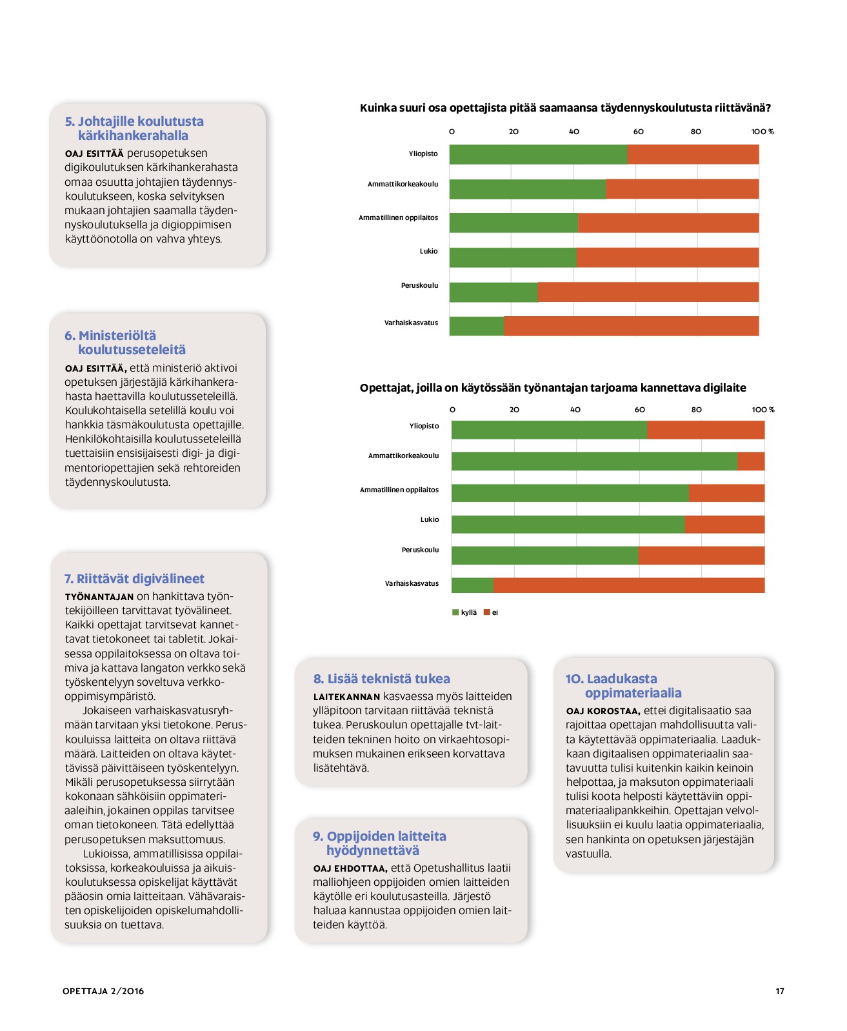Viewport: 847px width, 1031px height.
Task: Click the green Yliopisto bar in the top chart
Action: (538, 154)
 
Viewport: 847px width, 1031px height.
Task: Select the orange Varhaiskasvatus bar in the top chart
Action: (631, 326)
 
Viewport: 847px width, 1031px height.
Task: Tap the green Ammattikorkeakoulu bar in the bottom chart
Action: (593, 461)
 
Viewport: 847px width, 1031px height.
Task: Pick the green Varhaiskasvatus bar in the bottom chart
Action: (472, 585)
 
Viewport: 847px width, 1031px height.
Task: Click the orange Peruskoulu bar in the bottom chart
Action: (701, 555)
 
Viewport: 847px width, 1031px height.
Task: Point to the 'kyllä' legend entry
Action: (464, 612)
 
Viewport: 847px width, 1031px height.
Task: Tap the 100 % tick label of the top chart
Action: (762, 132)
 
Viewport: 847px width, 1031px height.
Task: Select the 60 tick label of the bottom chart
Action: (639, 410)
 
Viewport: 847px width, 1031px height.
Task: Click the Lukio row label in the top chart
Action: (428, 251)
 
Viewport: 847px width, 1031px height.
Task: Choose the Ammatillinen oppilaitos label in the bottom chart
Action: (399, 490)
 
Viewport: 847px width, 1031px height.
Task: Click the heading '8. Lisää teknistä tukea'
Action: (381, 679)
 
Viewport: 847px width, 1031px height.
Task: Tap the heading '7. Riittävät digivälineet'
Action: (134, 579)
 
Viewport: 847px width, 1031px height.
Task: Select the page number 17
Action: (779, 991)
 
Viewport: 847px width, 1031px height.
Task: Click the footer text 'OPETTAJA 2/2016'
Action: (103, 991)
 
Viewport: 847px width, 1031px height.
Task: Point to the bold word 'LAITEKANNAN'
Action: (346, 697)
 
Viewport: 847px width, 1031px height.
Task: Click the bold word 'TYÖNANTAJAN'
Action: (99, 597)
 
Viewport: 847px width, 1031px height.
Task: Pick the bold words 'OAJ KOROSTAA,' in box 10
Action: (603, 711)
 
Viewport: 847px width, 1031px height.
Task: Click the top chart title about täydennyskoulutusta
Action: (565, 108)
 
